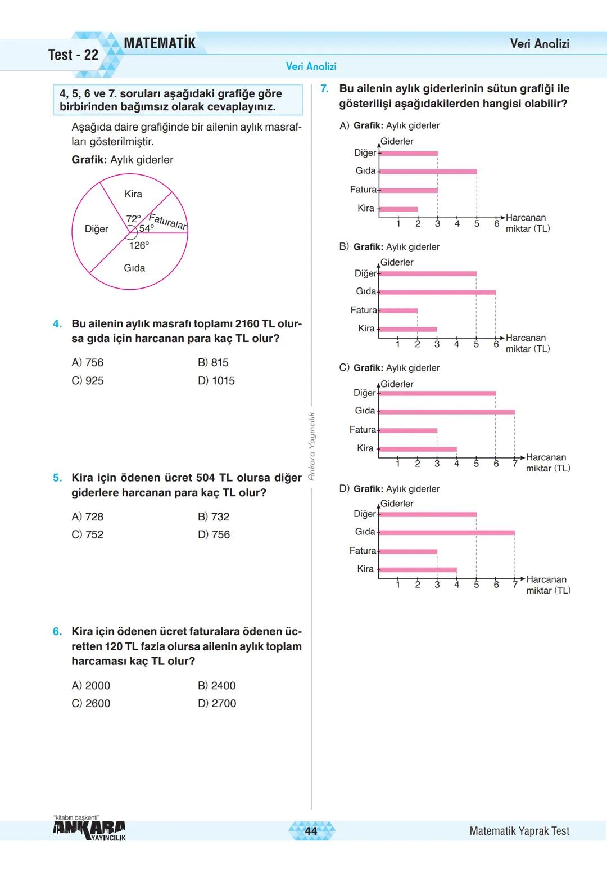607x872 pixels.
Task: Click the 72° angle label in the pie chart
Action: tap(133, 219)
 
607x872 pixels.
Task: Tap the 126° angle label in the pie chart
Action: tap(139, 245)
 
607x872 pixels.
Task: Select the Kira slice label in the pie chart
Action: tap(133, 194)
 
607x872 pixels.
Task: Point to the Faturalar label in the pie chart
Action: tap(167, 222)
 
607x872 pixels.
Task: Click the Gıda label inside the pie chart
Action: tap(134, 268)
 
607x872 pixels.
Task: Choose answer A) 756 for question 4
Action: tap(88, 363)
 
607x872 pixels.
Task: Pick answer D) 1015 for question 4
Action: tap(216, 381)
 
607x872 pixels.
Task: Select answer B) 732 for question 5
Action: tap(214, 517)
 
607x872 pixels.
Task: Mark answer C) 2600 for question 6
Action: tap(91, 704)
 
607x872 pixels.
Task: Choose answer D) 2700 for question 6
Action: tap(217, 704)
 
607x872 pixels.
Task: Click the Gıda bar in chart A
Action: tap(428, 172)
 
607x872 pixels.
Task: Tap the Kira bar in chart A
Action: tap(399, 209)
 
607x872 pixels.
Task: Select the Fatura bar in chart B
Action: tap(398, 311)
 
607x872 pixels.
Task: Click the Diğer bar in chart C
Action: tap(438, 393)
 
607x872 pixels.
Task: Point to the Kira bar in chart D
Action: tap(418, 570)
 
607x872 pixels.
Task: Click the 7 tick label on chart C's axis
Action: tap(515, 464)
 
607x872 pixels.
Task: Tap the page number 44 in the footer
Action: tap(311, 831)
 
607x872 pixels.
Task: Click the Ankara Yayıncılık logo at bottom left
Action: tap(89, 829)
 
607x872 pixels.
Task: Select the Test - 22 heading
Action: tap(73, 55)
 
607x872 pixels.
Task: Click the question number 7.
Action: tap(324, 89)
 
